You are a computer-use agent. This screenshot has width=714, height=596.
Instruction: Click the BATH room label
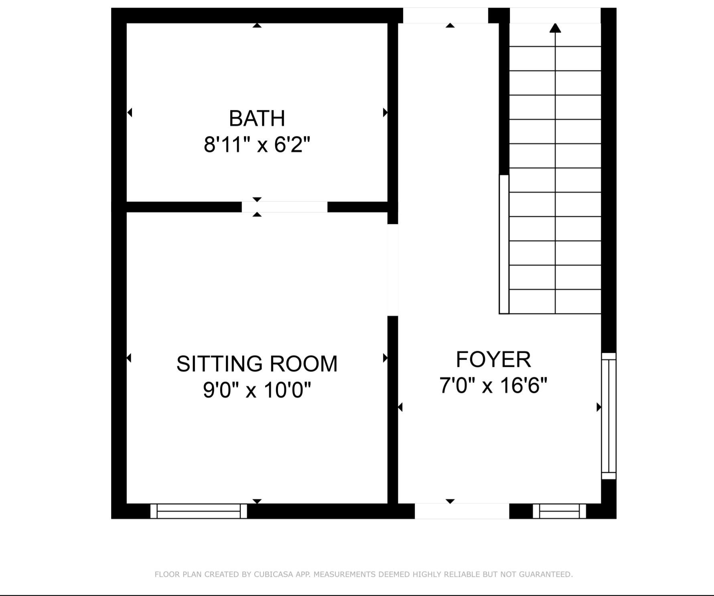257,118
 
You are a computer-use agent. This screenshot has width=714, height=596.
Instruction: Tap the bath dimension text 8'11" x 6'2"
257,144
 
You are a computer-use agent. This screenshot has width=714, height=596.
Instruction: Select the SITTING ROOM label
257,364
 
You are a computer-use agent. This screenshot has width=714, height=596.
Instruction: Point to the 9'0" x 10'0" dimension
257,390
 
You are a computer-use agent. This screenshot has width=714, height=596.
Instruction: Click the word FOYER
493,359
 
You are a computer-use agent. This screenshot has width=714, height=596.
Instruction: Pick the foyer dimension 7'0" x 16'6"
493,385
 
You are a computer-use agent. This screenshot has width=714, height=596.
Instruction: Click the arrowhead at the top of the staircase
555,28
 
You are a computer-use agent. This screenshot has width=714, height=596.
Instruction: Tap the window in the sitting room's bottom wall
199,511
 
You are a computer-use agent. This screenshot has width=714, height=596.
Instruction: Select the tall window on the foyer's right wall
609,416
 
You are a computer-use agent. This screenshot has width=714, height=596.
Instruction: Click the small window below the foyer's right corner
559,511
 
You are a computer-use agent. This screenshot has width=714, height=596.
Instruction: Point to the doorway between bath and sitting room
284,207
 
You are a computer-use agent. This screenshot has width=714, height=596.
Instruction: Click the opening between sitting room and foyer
393,270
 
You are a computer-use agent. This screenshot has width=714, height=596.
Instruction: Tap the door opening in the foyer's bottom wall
462,511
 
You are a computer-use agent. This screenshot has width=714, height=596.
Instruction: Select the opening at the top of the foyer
445,16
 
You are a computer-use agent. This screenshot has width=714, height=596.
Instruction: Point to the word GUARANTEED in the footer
545,574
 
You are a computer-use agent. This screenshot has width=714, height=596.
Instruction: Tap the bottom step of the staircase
555,301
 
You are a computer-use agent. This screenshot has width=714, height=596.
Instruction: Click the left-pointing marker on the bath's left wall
130,112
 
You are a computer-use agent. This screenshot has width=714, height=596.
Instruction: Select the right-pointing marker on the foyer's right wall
598,407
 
